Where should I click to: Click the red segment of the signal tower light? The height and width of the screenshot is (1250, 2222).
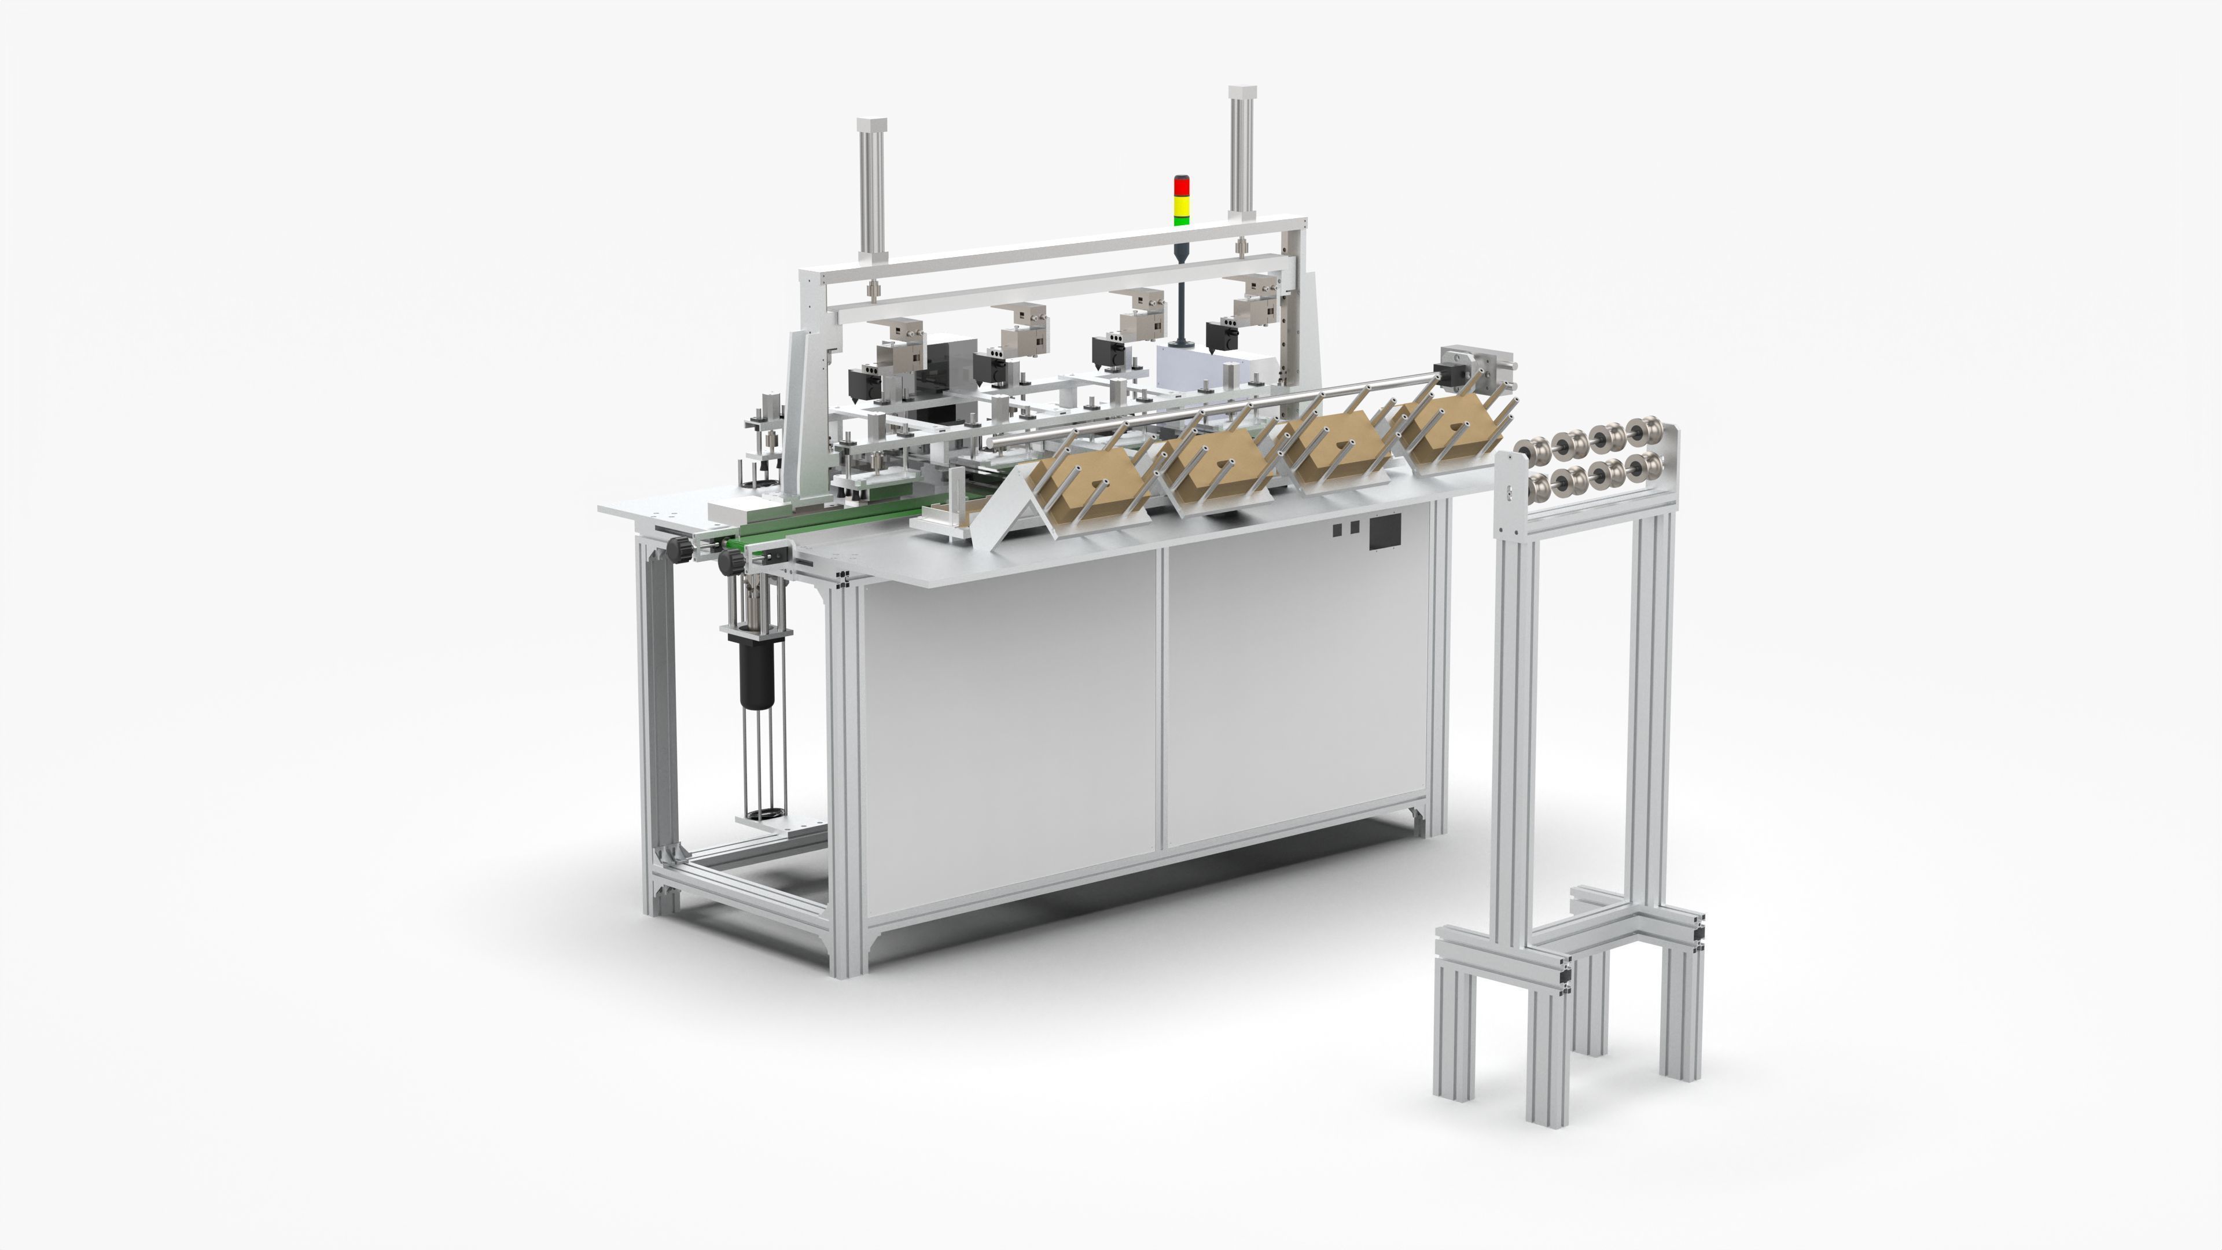[1181, 185]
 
